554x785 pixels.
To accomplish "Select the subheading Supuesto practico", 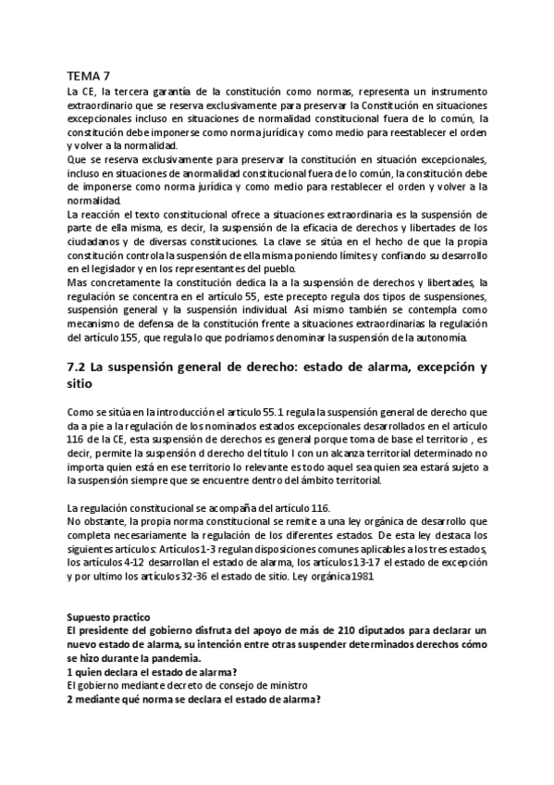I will click(x=106, y=616).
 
